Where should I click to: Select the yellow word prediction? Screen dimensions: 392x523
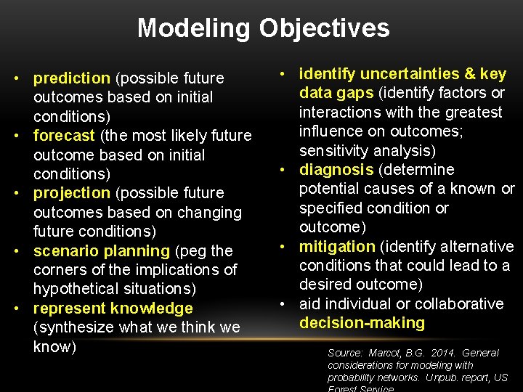coord(72,78)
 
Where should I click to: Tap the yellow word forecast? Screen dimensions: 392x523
coord(64,136)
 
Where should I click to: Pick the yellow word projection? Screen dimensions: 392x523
coord(71,193)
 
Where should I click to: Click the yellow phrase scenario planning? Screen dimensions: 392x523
coord(101,251)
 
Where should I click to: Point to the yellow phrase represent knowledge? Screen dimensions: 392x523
coord(113,309)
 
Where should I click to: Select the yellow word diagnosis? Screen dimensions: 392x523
coord(335,170)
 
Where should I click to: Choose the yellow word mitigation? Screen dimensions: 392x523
coord(337,247)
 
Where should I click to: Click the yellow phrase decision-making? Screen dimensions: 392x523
coord(362,323)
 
